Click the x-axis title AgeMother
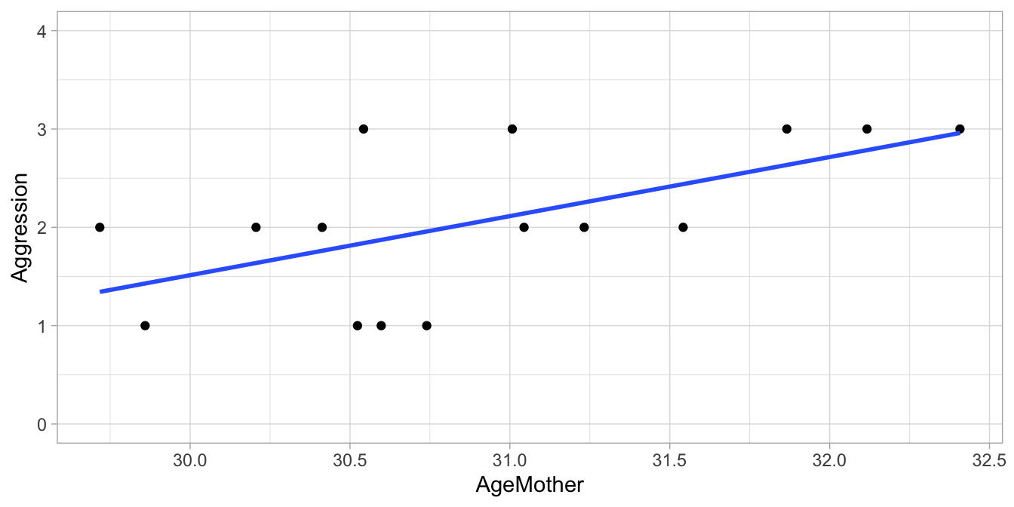[530, 484]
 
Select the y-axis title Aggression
[21, 227]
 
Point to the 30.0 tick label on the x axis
[189, 460]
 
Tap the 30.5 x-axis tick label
[349, 460]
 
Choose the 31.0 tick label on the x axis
[510, 460]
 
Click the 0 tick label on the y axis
[41, 425]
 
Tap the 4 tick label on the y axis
[41, 31]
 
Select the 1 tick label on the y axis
[41, 326]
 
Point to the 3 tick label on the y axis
[41, 129]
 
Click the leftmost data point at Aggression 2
[100, 227]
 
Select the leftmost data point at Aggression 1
[145, 326]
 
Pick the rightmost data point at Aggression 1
[427, 326]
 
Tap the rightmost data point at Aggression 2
[683, 227]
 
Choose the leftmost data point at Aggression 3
[363, 129]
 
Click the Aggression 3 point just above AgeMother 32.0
[867, 129]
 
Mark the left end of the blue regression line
[101, 291]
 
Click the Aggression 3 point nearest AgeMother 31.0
[512, 129]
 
